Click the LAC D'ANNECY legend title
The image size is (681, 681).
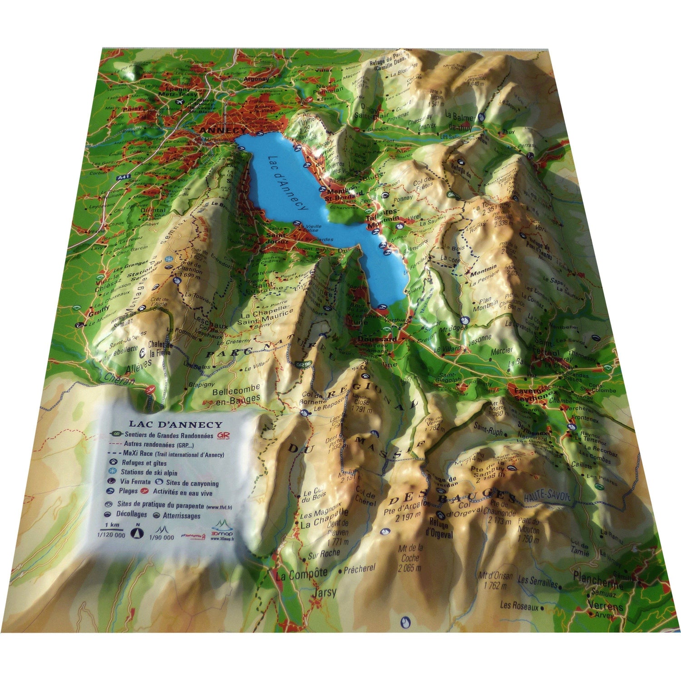174,425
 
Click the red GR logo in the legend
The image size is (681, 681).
223,435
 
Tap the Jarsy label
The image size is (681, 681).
325,592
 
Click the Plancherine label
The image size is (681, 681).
598,578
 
